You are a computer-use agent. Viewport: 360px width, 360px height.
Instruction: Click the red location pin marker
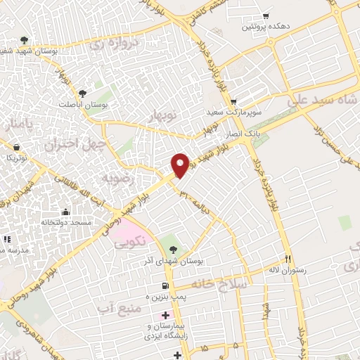(x=181, y=165)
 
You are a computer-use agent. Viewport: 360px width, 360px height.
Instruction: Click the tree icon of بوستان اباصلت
(x=83, y=93)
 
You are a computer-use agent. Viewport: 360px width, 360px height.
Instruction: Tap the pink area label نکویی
(x=131, y=240)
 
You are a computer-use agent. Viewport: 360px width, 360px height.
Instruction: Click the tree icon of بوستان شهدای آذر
(x=174, y=248)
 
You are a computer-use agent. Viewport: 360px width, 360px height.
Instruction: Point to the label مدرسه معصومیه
(x=13, y=250)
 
